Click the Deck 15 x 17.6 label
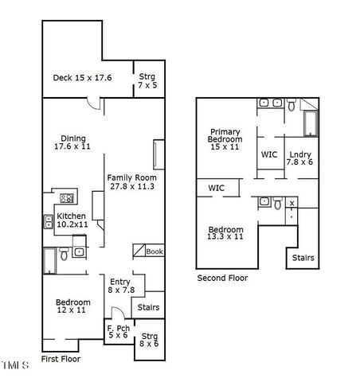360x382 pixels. click(82, 78)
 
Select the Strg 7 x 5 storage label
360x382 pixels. click(147, 81)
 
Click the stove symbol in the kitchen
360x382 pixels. click(68, 198)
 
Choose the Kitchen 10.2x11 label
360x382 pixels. click(72, 220)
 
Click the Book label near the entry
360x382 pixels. click(155, 251)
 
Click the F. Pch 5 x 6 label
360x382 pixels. click(119, 332)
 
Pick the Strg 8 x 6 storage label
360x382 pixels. click(148, 339)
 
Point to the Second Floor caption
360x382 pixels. click(222, 278)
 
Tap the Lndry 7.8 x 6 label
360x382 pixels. click(299, 157)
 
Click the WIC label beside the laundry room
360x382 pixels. click(268, 154)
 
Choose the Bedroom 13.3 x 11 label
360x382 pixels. click(225, 233)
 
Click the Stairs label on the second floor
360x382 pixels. click(303, 258)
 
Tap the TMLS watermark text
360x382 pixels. click(15, 365)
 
